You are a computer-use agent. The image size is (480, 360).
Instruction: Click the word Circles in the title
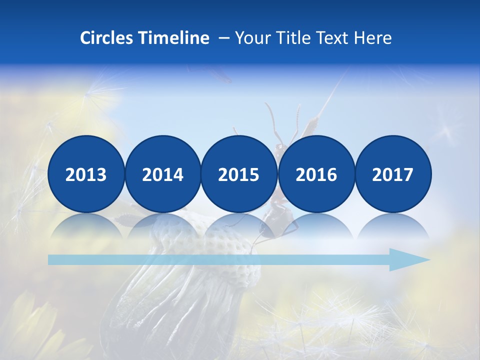[106, 38]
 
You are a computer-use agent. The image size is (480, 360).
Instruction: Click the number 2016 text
[316, 174]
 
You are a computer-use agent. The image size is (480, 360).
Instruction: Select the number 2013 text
[86, 174]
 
